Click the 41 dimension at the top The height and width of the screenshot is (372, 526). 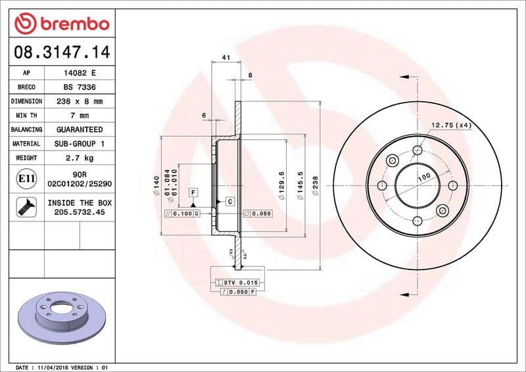click(x=226, y=58)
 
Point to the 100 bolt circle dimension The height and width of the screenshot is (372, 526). click(x=424, y=177)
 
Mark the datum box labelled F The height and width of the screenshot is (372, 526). click(x=193, y=192)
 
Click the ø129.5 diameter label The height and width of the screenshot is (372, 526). click(x=281, y=183)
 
